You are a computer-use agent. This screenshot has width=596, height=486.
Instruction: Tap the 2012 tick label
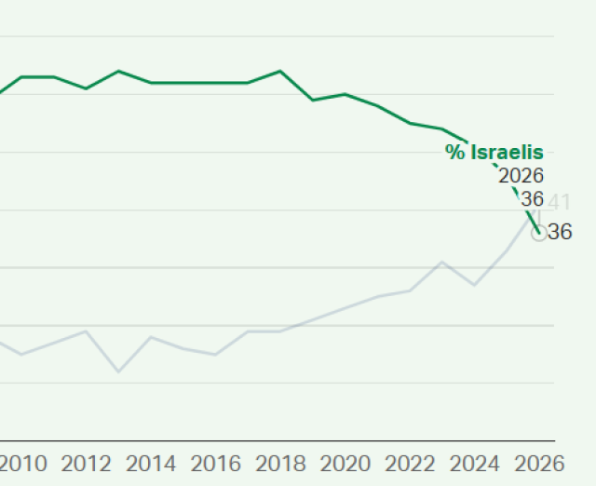(x=87, y=464)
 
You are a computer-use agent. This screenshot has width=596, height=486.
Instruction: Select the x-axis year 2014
(x=151, y=464)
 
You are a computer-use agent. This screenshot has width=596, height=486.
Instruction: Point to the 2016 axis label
(x=216, y=464)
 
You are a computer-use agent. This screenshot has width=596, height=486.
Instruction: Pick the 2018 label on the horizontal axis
(x=280, y=464)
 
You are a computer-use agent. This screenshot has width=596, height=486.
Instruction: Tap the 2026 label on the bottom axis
(x=539, y=464)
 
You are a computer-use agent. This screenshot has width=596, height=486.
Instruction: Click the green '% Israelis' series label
(x=494, y=153)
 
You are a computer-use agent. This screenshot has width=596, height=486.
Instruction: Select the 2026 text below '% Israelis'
(x=521, y=176)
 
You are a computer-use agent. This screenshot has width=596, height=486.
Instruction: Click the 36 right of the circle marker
(x=560, y=233)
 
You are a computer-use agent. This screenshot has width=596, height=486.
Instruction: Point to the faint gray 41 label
(x=559, y=202)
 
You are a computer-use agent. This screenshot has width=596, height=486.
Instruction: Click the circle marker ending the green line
(x=539, y=234)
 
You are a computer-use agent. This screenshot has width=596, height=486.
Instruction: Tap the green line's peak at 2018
(x=280, y=71)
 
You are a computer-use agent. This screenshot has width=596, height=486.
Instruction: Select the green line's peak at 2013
(x=118, y=71)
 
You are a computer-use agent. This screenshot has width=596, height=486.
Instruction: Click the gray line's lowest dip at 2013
(x=118, y=371)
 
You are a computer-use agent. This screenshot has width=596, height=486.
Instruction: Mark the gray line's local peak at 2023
(x=442, y=263)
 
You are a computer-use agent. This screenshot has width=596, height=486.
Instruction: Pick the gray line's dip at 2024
(x=475, y=285)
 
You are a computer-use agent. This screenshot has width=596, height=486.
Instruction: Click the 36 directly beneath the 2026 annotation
(x=532, y=199)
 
